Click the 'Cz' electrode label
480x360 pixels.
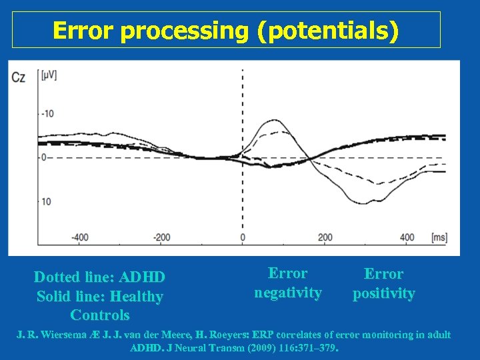click(19, 77)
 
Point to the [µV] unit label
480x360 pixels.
click(49, 75)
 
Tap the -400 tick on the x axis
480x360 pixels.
click(79, 237)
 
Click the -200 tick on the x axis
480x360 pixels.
click(161, 237)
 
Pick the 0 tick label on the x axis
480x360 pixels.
click(242, 237)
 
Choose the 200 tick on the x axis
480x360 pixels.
click(325, 237)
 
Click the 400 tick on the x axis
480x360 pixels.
click(407, 237)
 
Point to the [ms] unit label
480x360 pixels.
click(439, 237)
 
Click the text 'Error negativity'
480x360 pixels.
click(287, 283)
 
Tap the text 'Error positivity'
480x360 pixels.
click(383, 283)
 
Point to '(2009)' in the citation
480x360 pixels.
click(253, 347)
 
